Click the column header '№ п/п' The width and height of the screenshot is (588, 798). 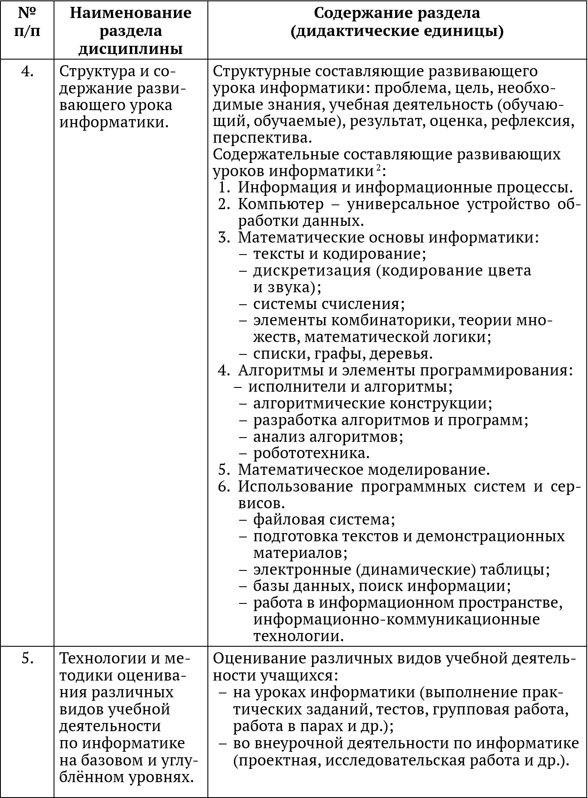27,22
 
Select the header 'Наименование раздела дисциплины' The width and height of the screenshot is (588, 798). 130,31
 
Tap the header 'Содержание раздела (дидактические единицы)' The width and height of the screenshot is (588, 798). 397,22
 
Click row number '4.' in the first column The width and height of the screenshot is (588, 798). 27,71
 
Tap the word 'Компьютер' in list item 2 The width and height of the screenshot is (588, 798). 281,204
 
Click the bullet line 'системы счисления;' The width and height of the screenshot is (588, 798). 329,304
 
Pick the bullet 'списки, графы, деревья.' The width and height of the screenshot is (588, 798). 343,354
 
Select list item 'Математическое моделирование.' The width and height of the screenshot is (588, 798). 363,470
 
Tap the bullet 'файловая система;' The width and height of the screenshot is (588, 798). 324,519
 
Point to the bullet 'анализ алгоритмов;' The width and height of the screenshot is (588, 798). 328,437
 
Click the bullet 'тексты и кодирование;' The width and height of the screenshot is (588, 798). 339,254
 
